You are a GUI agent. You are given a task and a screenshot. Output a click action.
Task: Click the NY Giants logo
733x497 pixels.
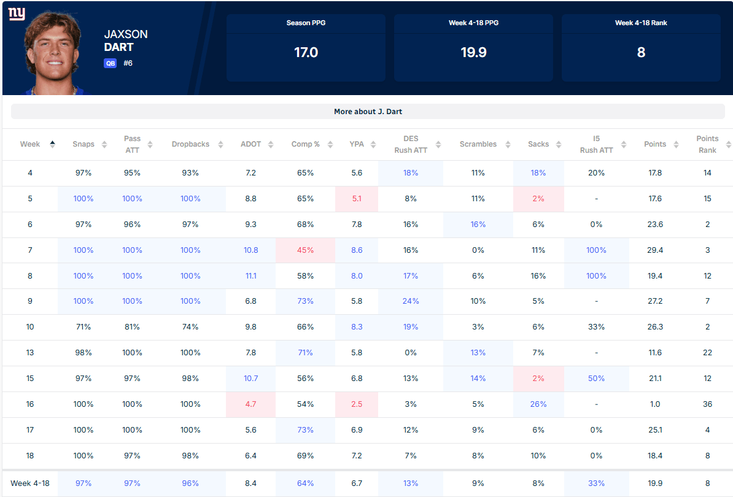[17, 13]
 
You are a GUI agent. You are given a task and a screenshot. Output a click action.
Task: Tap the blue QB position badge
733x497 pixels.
[110, 63]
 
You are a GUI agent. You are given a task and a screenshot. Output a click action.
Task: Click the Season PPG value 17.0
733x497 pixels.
[306, 52]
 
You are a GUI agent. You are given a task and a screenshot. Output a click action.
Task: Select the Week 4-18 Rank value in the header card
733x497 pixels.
[641, 52]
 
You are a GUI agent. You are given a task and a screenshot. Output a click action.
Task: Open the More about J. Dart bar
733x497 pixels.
[368, 112]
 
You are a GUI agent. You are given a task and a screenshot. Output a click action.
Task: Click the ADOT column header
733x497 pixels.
[251, 144]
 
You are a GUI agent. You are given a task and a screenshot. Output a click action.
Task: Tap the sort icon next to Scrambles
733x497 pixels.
[508, 144]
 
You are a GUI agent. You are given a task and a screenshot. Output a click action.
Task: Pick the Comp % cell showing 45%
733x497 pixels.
[305, 250]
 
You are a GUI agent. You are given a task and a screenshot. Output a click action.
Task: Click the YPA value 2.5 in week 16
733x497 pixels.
[357, 404]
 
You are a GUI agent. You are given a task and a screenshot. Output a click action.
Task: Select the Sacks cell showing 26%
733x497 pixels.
[538, 404]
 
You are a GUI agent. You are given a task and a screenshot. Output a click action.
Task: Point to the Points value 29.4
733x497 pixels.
[655, 250]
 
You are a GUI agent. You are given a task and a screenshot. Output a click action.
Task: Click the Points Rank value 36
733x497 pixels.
[707, 404]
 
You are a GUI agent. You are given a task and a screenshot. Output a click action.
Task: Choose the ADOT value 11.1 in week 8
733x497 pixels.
[251, 276]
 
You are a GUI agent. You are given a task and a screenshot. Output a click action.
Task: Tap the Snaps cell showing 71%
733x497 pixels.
[83, 327]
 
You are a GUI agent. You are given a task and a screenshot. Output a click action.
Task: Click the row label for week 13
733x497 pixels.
[30, 353]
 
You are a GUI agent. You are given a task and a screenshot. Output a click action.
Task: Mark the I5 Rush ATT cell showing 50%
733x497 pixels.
[596, 379]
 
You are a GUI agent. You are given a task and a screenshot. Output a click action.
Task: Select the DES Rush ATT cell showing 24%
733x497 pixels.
[411, 301]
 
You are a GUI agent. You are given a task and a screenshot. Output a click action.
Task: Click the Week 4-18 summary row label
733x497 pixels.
[30, 484]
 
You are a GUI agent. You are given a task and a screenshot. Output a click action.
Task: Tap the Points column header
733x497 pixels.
[655, 144]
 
